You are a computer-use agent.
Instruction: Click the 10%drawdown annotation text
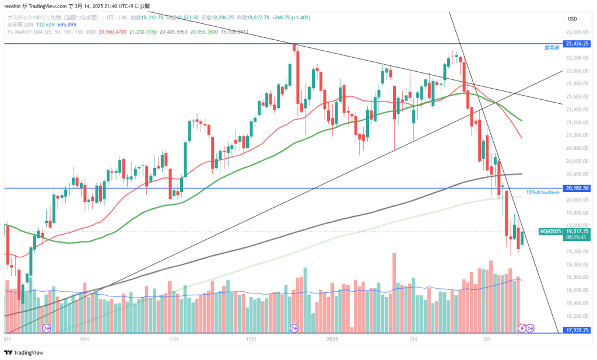tap(543, 193)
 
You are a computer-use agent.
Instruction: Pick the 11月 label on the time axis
tap(173, 338)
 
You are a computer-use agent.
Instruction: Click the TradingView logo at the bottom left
tap(18, 352)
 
